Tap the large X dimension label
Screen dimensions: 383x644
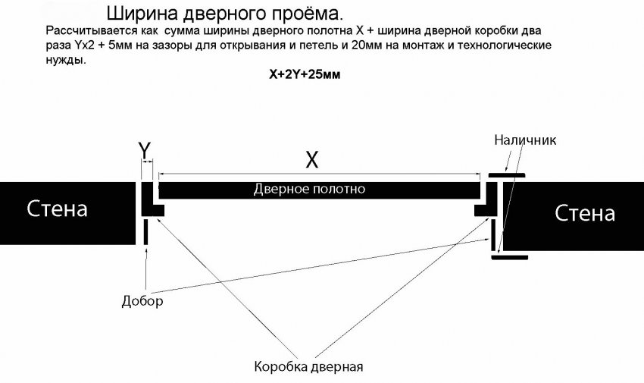(311, 160)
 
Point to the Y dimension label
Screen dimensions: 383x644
(144, 151)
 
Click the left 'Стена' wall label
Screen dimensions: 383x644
(58, 209)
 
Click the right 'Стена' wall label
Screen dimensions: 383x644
(585, 213)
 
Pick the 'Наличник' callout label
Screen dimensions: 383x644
(525, 140)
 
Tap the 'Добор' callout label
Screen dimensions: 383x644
(142, 301)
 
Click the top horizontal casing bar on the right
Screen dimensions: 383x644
(506, 177)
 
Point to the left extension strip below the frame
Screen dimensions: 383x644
(145, 233)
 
